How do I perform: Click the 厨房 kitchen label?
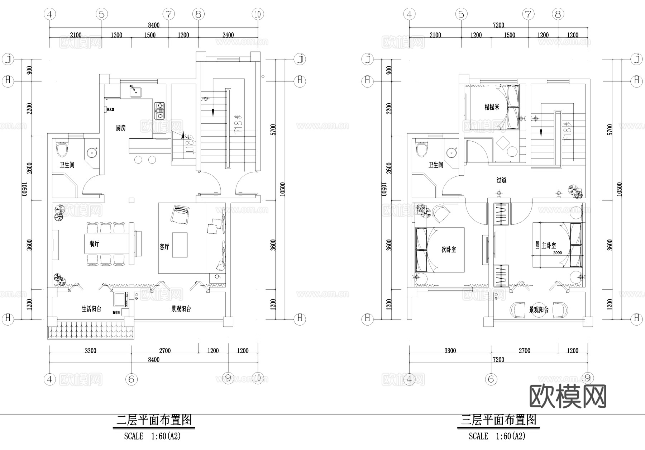pyautogui.click(x=121, y=128)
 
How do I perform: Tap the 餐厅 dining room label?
pyautogui.click(x=94, y=244)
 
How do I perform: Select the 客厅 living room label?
pyautogui.click(x=164, y=247)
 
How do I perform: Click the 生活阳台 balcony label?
pyautogui.click(x=91, y=309)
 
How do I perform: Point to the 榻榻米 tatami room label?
pyautogui.click(x=492, y=107)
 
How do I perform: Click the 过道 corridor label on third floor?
pyautogui.click(x=501, y=180)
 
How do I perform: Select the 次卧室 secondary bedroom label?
pyautogui.click(x=449, y=249)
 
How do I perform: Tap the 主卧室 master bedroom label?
pyautogui.click(x=549, y=245)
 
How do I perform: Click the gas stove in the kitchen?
pyautogui.click(x=159, y=111)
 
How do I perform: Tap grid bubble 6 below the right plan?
pyautogui.click(x=491, y=379)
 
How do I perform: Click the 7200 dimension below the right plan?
pyautogui.click(x=498, y=360)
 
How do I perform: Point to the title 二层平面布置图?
pyautogui.click(x=154, y=420)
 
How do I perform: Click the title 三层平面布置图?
pyautogui.click(x=498, y=420)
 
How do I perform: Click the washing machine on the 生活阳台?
pyautogui.click(x=120, y=299)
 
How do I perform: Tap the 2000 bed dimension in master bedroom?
pyautogui.click(x=557, y=253)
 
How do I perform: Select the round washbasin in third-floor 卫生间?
pyautogui.click(x=451, y=152)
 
